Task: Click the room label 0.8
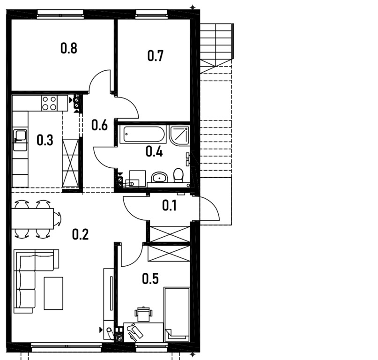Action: tap(69, 48)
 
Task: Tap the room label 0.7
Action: tap(156, 56)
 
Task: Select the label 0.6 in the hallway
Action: tap(99, 125)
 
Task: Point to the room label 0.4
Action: tap(154, 151)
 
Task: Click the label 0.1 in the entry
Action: tap(170, 205)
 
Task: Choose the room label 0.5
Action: tap(150, 279)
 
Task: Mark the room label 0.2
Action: tap(80, 234)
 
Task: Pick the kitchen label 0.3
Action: tap(44, 140)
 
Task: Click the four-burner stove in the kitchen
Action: tap(49, 103)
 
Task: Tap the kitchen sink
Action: tap(20, 136)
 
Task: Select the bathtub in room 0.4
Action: tap(143, 135)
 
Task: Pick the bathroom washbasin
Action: tap(159, 177)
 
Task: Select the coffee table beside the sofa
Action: tap(53, 293)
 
